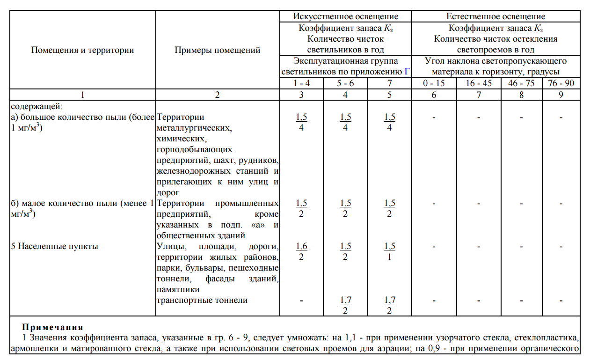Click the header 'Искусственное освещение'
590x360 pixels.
pos(346,17)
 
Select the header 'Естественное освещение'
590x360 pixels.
pos(495,17)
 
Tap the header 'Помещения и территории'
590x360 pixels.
pos(83,50)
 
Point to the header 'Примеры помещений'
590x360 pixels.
pos(218,50)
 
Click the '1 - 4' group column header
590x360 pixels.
pos(301,83)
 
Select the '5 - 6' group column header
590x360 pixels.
pos(345,83)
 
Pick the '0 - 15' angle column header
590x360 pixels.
pos(434,83)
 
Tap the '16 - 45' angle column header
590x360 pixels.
pos(478,83)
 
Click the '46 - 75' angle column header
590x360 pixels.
pos(521,83)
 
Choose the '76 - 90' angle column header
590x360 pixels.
pos(561,83)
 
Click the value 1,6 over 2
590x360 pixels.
pos(301,251)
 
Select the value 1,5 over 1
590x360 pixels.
pos(389,251)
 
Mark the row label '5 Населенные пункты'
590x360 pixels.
pos(54,246)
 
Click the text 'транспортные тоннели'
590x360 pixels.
pos(202,300)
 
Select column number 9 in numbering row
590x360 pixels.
pos(561,94)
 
